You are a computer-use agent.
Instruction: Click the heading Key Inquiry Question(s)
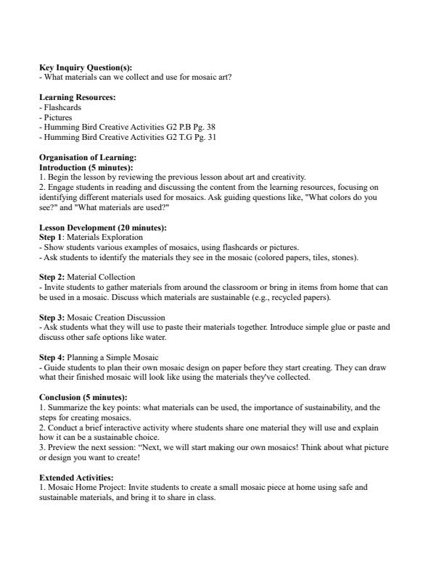(x=85, y=67)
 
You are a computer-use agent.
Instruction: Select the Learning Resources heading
(x=77, y=98)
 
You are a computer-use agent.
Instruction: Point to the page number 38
(x=211, y=126)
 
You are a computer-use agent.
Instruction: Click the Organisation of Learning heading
(x=87, y=157)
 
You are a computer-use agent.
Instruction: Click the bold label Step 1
(x=50, y=237)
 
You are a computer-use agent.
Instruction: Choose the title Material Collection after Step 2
(x=101, y=277)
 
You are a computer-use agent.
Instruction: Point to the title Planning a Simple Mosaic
(x=112, y=357)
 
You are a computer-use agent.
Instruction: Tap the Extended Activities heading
(x=75, y=478)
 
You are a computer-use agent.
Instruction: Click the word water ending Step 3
(x=178, y=337)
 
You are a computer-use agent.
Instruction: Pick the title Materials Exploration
(x=105, y=237)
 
